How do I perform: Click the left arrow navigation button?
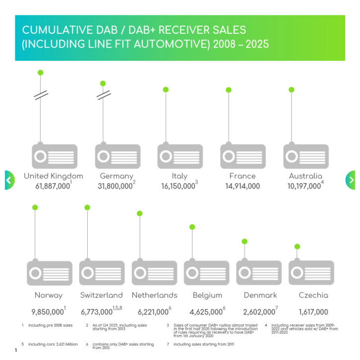pyautogui.click(x=9, y=180)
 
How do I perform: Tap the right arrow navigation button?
pyautogui.click(x=351, y=180)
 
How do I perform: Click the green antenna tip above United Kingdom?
pyautogui.click(x=41, y=73)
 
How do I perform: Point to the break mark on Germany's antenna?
pyautogui.click(x=104, y=95)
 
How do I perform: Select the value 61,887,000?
pyautogui.click(x=53, y=186)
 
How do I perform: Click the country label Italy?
pyautogui.click(x=180, y=176)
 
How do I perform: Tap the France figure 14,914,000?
pyautogui.click(x=242, y=186)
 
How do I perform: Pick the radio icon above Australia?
pyautogui.click(x=306, y=155)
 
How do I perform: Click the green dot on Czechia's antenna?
pyautogui.click(x=297, y=247)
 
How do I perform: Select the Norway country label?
pyautogui.click(x=49, y=295)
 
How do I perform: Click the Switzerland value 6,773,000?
pyautogui.click(x=97, y=312)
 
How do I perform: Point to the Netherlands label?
pyautogui.click(x=155, y=295)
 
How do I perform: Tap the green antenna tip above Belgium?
pyautogui.click(x=192, y=227)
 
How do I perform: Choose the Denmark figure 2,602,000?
pyautogui.click(x=259, y=312)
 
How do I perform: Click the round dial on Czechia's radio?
pyautogui.click(x=297, y=273)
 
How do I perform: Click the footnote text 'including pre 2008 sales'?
pyautogui.click(x=51, y=325)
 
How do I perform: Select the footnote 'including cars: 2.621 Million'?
pyautogui.click(x=53, y=344)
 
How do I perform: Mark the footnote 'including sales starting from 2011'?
pyautogui.click(x=204, y=344)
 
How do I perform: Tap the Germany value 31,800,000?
pyautogui.click(x=115, y=186)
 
